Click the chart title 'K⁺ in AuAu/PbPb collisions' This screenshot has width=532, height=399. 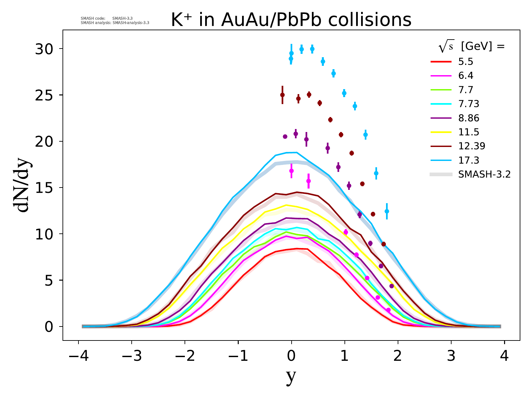291,20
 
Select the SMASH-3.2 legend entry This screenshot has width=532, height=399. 484,174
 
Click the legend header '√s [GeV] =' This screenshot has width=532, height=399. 471,47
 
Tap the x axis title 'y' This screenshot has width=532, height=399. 291,377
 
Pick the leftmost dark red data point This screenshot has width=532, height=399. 282,95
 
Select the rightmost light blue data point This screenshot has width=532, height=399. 387,211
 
